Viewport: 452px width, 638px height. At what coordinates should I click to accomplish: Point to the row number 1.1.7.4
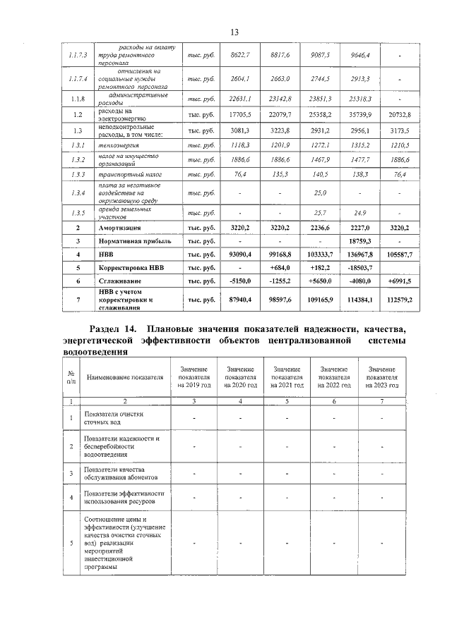click(78, 79)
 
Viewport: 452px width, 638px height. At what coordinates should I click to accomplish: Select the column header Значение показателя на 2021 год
click(287, 377)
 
